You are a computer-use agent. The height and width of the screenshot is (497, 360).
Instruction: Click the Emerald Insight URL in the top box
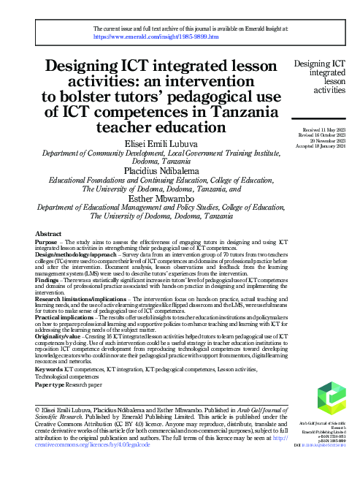(152, 35)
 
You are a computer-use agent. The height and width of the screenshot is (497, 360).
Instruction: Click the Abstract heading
(48, 233)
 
